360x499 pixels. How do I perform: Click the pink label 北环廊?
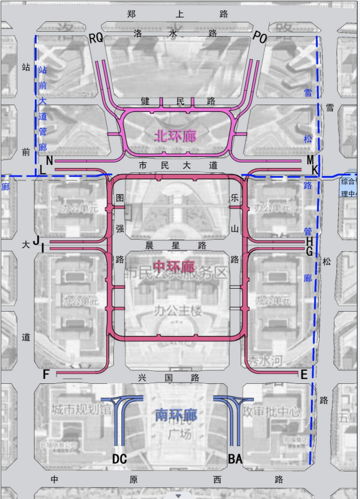(175, 135)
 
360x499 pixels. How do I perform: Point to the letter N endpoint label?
(49, 160)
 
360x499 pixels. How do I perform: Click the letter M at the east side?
(310, 160)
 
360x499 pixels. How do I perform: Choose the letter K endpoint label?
(315, 170)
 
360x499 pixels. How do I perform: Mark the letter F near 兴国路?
(46, 375)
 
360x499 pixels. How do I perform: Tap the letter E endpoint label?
(304, 374)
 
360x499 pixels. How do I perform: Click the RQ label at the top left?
(96, 39)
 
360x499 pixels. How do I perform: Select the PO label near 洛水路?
(260, 39)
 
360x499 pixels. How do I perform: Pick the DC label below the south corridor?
(119, 459)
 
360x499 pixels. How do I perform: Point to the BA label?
(235, 459)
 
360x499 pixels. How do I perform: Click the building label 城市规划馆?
(81, 411)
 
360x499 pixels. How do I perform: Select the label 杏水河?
(265, 360)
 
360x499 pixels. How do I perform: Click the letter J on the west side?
(37, 240)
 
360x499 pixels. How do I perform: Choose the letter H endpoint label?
(309, 241)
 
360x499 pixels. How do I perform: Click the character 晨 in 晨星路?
(149, 245)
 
